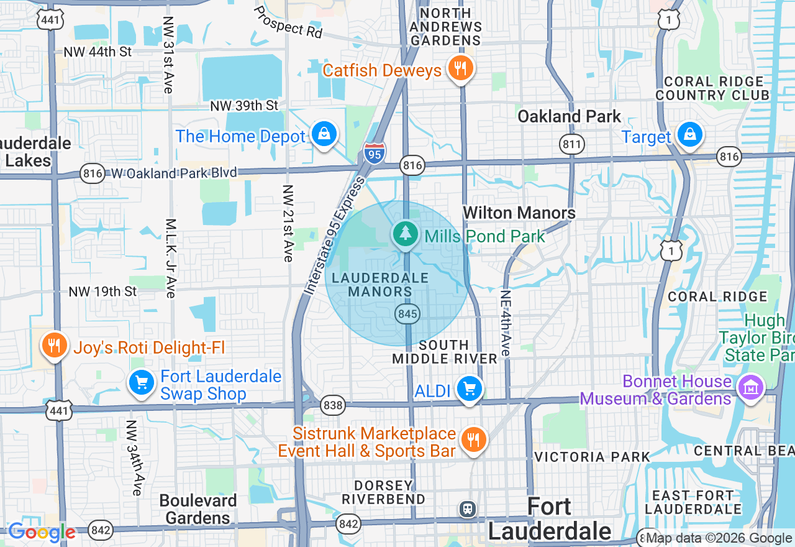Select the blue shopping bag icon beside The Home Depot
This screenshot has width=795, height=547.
coord(324,134)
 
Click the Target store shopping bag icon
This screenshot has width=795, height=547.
coord(689,134)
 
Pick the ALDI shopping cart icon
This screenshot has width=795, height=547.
coord(470,389)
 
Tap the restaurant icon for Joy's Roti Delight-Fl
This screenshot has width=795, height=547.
coord(55,344)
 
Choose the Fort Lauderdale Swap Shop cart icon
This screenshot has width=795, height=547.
coord(142,382)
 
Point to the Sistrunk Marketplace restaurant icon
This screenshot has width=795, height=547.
coord(473,439)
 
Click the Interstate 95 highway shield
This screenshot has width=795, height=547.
coord(374,153)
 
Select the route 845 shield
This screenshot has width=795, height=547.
coord(407,314)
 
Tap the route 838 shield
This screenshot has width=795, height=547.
coord(333,406)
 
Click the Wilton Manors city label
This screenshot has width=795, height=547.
coord(519,213)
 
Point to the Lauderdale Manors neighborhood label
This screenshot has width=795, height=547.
coord(380,284)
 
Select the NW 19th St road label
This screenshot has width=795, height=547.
coord(102,292)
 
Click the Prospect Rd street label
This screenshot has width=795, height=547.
coord(288,22)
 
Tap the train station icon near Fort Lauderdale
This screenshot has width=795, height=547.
coord(467,509)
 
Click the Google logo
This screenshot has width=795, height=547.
coord(42,532)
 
